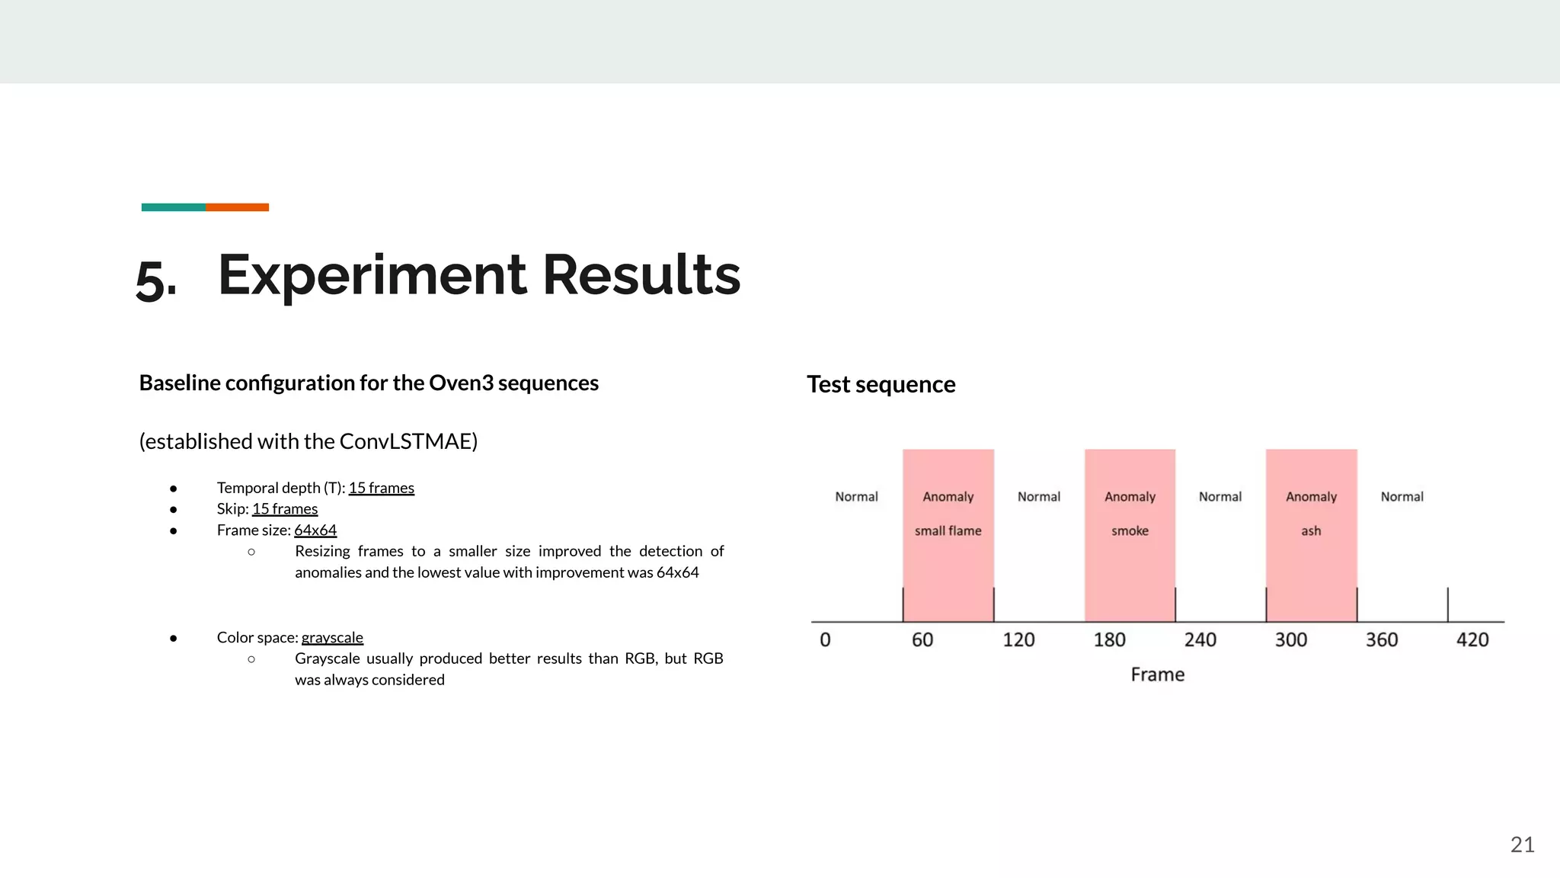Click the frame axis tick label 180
(x=1109, y=639)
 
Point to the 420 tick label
(x=1472, y=639)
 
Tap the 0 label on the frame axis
(x=825, y=639)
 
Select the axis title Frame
(x=1157, y=675)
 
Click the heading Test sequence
(x=881, y=384)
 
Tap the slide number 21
(x=1522, y=844)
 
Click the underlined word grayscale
(x=332, y=637)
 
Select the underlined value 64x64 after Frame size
(x=315, y=530)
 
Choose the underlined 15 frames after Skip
(x=285, y=508)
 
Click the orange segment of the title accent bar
(x=237, y=207)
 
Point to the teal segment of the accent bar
(x=173, y=207)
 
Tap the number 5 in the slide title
(x=152, y=280)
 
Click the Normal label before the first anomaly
(x=856, y=497)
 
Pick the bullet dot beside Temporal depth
(x=174, y=488)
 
